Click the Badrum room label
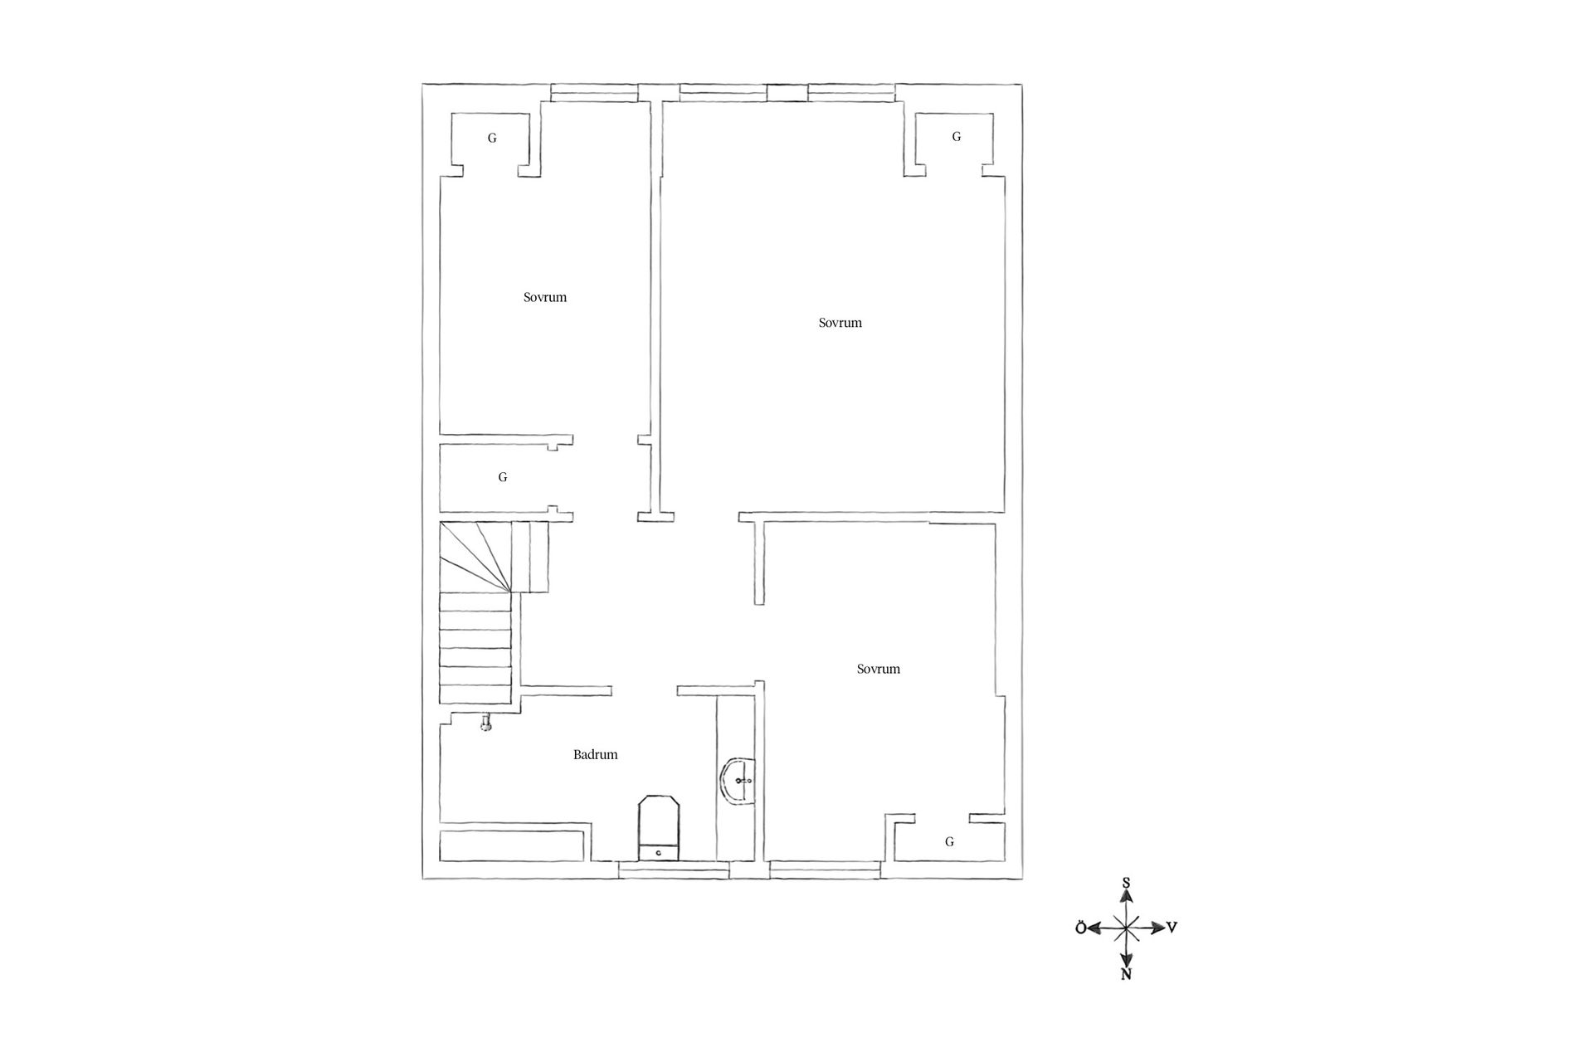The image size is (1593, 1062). coord(595,755)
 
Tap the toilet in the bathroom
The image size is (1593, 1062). coord(659,828)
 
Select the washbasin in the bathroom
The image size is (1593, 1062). coord(738,781)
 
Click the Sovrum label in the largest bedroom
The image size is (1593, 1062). coord(840,323)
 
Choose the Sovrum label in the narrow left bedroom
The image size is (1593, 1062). coord(545,297)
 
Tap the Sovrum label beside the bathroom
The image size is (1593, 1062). coord(878,669)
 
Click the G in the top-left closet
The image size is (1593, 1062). coord(492,138)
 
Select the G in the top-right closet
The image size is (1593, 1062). coord(956,137)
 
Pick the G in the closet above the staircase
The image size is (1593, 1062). coord(502,477)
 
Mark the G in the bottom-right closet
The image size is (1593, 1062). coord(949,841)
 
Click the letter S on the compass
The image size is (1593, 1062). coord(1126,884)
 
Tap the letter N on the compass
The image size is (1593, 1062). coord(1126,975)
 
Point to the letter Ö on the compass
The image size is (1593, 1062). coord(1081,928)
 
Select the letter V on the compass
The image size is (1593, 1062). coord(1172,928)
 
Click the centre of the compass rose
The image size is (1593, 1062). coord(1126,928)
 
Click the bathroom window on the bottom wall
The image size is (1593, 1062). coord(674,870)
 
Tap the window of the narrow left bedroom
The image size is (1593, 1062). coord(595,93)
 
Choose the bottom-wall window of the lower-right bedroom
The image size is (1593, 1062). coord(825,870)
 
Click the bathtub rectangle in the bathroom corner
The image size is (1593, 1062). coord(514,844)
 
